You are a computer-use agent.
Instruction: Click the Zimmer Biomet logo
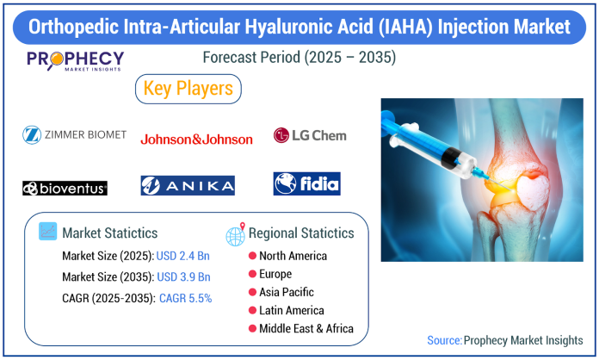(x=75, y=135)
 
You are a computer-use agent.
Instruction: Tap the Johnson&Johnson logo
(x=197, y=140)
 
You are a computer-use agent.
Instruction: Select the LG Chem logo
(x=310, y=135)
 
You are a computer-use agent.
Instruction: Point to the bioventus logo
(x=65, y=188)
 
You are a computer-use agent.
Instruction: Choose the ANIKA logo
(x=188, y=186)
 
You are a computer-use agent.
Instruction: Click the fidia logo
(x=306, y=183)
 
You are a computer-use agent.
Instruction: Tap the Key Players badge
(x=188, y=89)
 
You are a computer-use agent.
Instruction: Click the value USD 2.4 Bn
(x=183, y=256)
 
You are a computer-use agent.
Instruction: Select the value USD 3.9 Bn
(x=184, y=276)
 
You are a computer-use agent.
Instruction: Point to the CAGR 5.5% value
(x=185, y=298)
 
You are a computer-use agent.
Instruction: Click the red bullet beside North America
(x=252, y=256)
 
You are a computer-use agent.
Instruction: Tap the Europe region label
(x=275, y=274)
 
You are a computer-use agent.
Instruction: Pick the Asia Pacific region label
(x=287, y=292)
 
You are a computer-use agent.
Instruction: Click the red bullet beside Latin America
(x=252, y=310)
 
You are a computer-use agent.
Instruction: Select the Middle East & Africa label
(x=306, y=329)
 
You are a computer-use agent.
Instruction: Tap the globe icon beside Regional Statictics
(x=235, y=234)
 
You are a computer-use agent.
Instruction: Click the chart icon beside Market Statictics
(x=47, y=231)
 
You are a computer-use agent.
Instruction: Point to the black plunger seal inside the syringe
(x=451, y=157)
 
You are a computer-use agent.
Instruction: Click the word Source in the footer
(x=444, y=340)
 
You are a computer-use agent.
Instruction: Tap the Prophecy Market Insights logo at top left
(x=75, y=61)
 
